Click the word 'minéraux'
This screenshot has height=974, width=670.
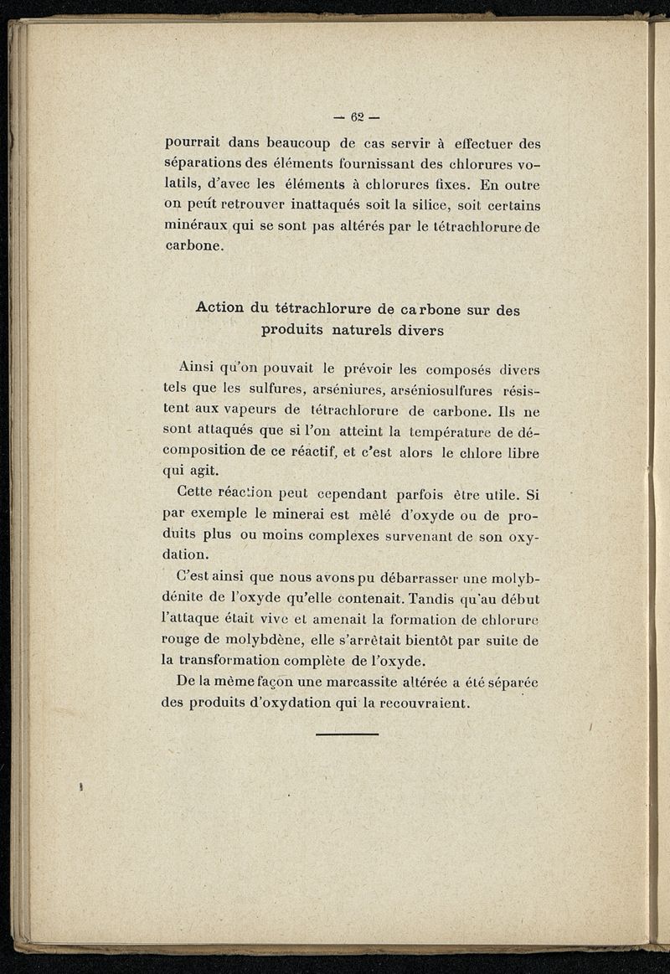(197, 226)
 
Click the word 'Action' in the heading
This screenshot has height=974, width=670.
(221, 308)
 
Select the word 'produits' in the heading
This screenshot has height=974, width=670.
(293, 330)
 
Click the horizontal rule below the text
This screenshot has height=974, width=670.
(347, 734)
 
